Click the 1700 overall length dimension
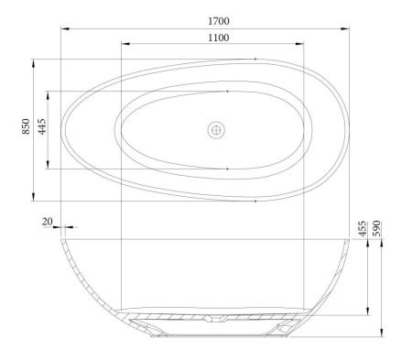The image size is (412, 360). [218, 19]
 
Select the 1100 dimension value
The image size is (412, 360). [218, 37]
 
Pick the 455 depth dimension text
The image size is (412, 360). [363, 226]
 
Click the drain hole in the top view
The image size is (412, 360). [217, 130]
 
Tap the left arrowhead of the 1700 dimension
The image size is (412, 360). [64, 27]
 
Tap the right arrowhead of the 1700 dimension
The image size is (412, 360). [347, 27]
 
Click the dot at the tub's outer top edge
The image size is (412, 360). [254, 59]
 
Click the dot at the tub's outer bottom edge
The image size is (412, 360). [254, 201]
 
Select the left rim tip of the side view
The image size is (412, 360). [62, 240]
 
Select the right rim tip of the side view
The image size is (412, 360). [349, 240]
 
